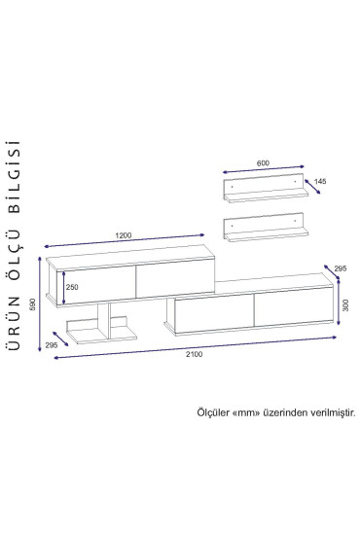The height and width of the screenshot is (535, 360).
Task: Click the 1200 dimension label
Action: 124,235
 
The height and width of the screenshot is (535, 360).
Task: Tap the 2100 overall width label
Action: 195,354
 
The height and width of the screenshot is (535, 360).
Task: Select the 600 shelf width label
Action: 263,163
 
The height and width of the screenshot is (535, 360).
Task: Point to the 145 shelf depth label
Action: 320,181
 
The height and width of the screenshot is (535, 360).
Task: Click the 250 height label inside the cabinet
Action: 72,287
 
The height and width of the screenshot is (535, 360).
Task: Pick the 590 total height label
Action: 33,304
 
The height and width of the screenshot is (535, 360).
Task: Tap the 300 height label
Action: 345,305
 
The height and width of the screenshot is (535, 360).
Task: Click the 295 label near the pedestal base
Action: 52,345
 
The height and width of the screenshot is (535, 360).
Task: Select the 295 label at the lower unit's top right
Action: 340,268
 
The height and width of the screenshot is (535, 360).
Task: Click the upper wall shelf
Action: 266,188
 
